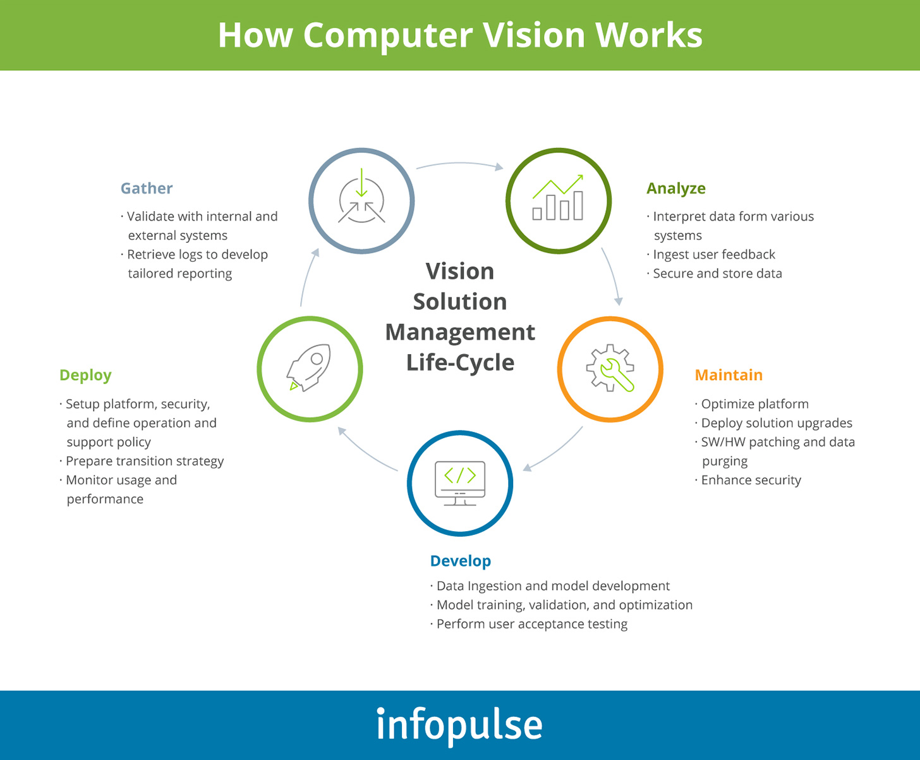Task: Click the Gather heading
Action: click(147, 188)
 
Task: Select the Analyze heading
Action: click(675, 188)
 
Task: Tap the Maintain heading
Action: click(728, 375)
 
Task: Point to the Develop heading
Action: click(460, 561)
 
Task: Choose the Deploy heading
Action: click(85, 375)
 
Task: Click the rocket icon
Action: click(310, 369)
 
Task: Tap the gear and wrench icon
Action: click(610, 369)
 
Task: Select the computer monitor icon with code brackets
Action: click(460, 483)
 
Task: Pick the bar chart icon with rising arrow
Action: click(558, 199)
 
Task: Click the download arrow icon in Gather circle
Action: click(361, 200)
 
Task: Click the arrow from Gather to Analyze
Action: click(459, 164)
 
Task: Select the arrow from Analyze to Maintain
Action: click(612, 276)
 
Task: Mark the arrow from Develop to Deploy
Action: click(366, 450)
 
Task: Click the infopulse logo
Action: click(459, 725)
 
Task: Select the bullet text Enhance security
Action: click(751, 480)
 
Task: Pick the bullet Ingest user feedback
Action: click(713, 254)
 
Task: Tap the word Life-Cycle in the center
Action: click(460, 362)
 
